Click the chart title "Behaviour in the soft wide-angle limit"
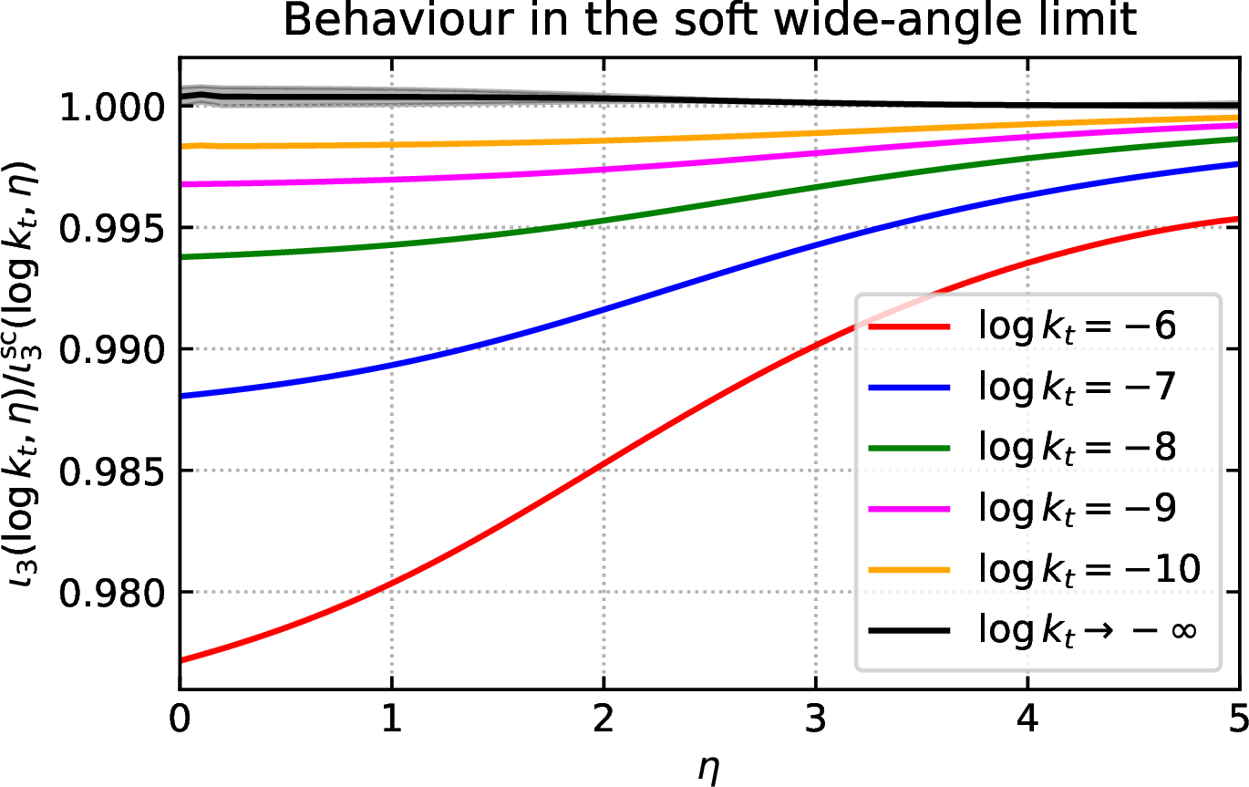(x=710, y=20)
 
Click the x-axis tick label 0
(x=180, y=719)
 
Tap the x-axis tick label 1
(x=392, y=719)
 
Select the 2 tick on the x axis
(x=604, y=719)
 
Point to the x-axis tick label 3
(x=816, y=719)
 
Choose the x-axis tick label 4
(x=1027, y=719)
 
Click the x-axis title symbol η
(x=708, y=769)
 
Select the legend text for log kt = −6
(x=1078, y=326)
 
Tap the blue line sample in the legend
(x=910, y=387)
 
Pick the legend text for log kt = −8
(x=1078, y=449)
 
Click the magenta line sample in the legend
(x=910, y=509)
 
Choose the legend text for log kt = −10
(x=1089, y=570)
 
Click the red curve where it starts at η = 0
(x=181, y=661)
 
